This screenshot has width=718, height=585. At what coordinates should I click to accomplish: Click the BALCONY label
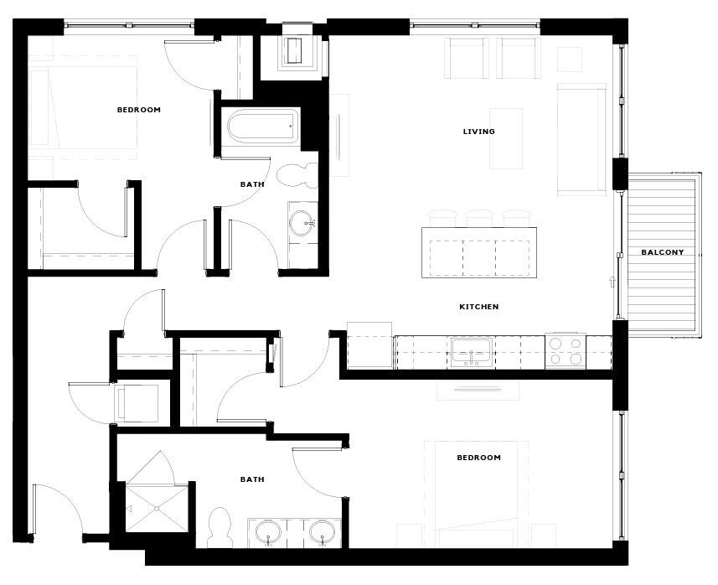[x=663, y=252]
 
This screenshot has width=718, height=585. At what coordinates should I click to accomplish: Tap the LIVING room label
[x=478, y=132]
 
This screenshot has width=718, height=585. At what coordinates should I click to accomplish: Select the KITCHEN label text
[x=478, y=307]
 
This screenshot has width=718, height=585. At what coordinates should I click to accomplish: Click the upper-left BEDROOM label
[x=138, y=110]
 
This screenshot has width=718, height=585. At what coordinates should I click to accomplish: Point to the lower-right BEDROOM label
[x=478, y=458]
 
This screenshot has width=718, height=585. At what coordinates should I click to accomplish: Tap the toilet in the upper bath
[x=297, y=174]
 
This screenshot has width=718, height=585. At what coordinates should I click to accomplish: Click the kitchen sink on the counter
[x=472, y=352]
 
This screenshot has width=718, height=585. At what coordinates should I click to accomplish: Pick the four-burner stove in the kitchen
[x=565, y=351]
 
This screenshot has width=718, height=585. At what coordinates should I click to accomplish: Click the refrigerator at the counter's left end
[x=369, y=345]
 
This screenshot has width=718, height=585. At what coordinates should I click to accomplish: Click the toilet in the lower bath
[x=220, y=526]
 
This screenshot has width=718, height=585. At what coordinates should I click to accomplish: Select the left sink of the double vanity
[x=268, y=531]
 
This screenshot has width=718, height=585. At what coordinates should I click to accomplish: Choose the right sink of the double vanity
[x=322, y=531]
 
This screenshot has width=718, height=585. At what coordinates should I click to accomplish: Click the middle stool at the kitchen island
[x=479, y=218]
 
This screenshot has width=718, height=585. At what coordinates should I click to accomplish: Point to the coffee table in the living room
[x=506, y=138]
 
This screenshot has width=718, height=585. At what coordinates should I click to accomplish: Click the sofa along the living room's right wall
[x=581, y=138]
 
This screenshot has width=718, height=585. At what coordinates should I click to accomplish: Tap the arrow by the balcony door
[x=612, y=282]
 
